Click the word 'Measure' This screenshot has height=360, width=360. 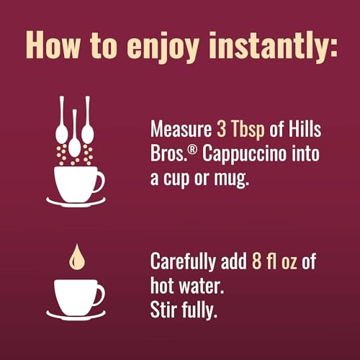[x=181, y=131]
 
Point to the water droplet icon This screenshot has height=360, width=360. [x=74, y=256]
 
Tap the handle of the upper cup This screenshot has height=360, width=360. [x=99, y=181]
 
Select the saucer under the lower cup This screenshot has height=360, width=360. [x=74, y=315]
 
